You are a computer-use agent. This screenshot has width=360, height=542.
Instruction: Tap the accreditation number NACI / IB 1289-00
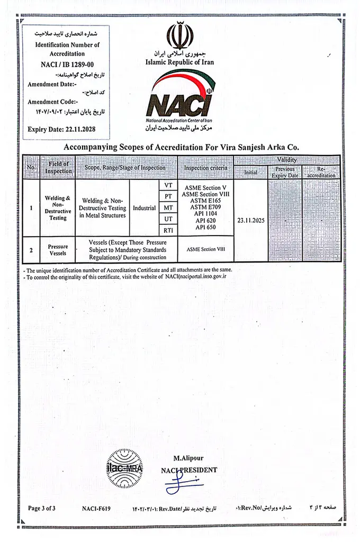coord(64,64)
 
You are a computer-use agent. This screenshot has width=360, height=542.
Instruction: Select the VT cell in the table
coord(168,185)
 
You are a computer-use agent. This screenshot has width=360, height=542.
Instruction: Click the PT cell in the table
coord(168,196)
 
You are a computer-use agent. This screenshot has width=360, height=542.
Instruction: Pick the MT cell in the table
coord(168,207)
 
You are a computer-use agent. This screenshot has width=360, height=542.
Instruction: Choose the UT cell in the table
coord(168,219)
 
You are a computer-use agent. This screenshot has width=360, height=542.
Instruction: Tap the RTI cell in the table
coord(168,230)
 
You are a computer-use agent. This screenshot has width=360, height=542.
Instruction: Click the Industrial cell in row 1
coord(144,208)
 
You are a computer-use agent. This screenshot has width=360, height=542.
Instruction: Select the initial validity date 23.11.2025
coord(250,218)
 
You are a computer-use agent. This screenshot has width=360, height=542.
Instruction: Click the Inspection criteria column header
coord(206,168)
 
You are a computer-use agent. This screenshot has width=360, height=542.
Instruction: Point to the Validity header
coord(286,160)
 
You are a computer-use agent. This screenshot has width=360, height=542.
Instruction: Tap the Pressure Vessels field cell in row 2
coord(58,250)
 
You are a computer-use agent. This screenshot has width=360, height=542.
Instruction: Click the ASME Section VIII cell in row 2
coord(206,249)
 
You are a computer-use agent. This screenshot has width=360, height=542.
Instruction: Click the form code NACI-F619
coord(96,508)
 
